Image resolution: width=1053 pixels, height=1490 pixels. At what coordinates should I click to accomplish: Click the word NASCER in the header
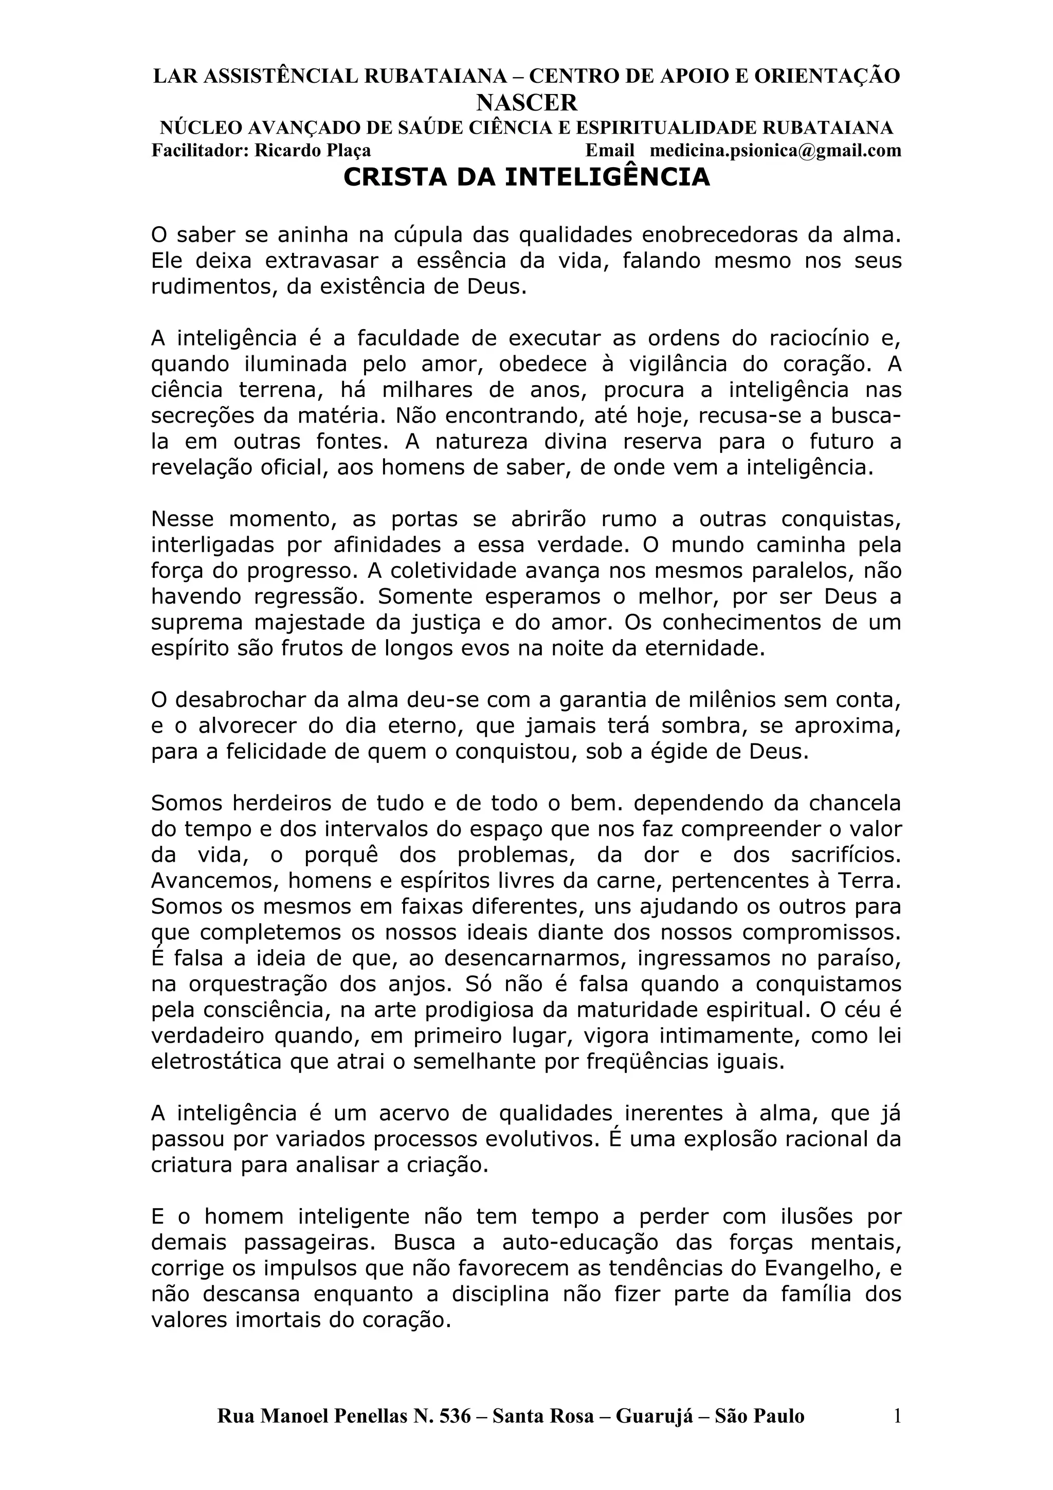[526, 102]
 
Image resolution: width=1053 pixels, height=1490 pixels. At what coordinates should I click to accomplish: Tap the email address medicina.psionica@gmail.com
[775, 151]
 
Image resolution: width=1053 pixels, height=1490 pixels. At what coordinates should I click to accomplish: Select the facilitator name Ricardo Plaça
[313, 151]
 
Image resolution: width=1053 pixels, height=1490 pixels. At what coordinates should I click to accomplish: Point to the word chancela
[855, 804]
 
